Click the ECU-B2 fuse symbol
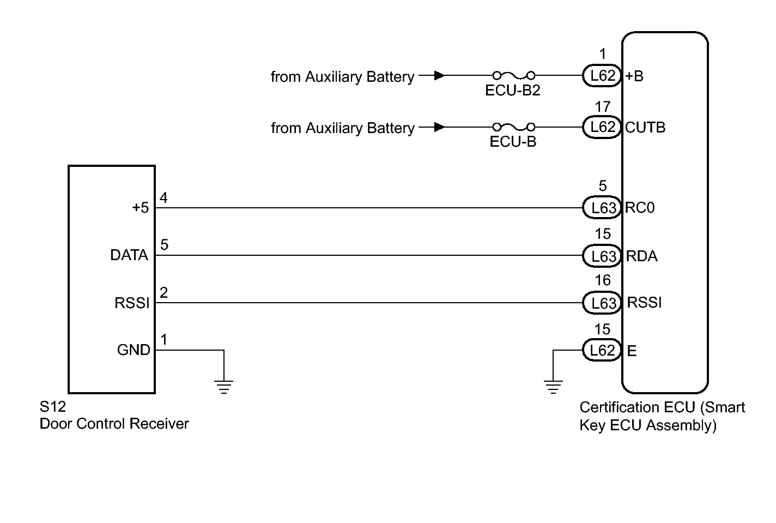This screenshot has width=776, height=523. click(513, 75)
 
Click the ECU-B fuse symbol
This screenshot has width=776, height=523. click(513, 127)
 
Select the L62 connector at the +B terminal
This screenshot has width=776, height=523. click(602, 76)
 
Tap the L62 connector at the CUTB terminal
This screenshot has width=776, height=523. click(602, 127)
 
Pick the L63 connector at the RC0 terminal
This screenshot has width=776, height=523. click(602, 208)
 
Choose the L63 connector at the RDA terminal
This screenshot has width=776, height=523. click(602, 256)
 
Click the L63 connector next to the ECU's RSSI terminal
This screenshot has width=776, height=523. click(602, 303)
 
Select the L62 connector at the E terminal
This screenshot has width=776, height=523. click(602, 350)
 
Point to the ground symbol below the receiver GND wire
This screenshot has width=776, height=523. click(223, 387)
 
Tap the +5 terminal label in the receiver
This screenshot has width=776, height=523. click(140, 208)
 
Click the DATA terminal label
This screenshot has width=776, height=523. click(129, 255)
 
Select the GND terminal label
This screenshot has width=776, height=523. click(134, 350)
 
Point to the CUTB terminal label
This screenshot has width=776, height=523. click(645, 128)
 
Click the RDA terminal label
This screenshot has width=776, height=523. click(641, 256)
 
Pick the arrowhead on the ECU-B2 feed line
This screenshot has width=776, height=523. click(439, 76)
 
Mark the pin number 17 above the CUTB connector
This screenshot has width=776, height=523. click(602, 106)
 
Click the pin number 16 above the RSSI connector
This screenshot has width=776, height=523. click(602, 280)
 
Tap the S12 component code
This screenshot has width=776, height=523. click(52, 407)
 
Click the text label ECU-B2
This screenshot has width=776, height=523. click(512, 91)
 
